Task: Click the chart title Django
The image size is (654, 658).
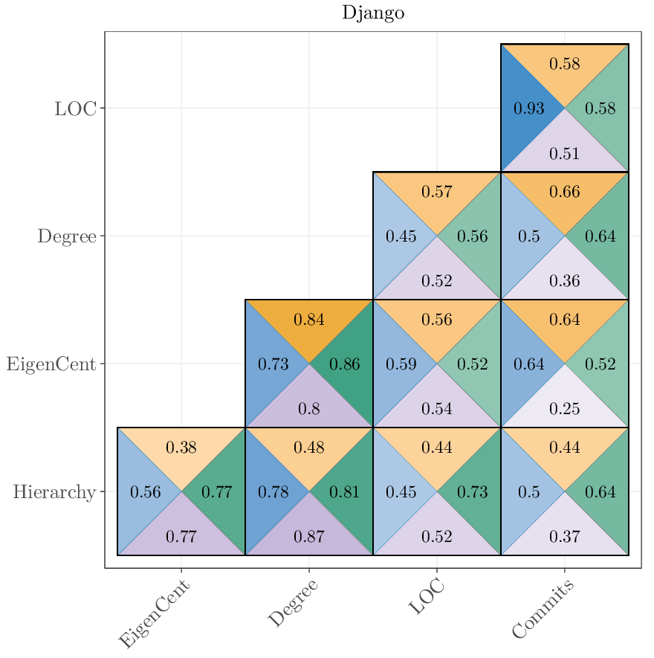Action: [x=373, y=13]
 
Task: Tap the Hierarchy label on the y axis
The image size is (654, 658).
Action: [x=54, y=492]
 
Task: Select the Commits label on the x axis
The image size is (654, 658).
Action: [x=543, y=610]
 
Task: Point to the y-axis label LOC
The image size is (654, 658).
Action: [x=75, y=109]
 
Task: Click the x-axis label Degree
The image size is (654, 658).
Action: [x=293, y=603]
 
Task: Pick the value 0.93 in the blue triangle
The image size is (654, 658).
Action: [x=529, y=109]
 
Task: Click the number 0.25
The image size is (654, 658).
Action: [x=564, y=409]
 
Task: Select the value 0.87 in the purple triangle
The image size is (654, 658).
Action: [x=308, y=537]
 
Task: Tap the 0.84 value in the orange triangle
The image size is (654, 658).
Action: [x=308, y=320]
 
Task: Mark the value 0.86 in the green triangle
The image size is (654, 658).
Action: [x=344, y=364]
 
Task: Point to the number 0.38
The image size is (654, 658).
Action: [x=181, y=448]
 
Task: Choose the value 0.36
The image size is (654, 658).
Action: [x=564, y=281]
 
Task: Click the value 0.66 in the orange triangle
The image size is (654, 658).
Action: [x=564, y=192]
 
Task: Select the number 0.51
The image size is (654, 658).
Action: [x=564, y=155]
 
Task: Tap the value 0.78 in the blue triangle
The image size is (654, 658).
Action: [x=273, y=492]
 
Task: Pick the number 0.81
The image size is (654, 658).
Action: [x=344, y=492]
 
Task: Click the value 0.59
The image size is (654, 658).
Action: [x=401, y=364]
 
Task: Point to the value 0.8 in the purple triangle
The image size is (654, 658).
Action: [x=308, y=409]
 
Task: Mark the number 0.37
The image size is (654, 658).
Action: [x=564, y=537]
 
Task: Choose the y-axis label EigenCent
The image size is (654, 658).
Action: [x=51, y=364]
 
